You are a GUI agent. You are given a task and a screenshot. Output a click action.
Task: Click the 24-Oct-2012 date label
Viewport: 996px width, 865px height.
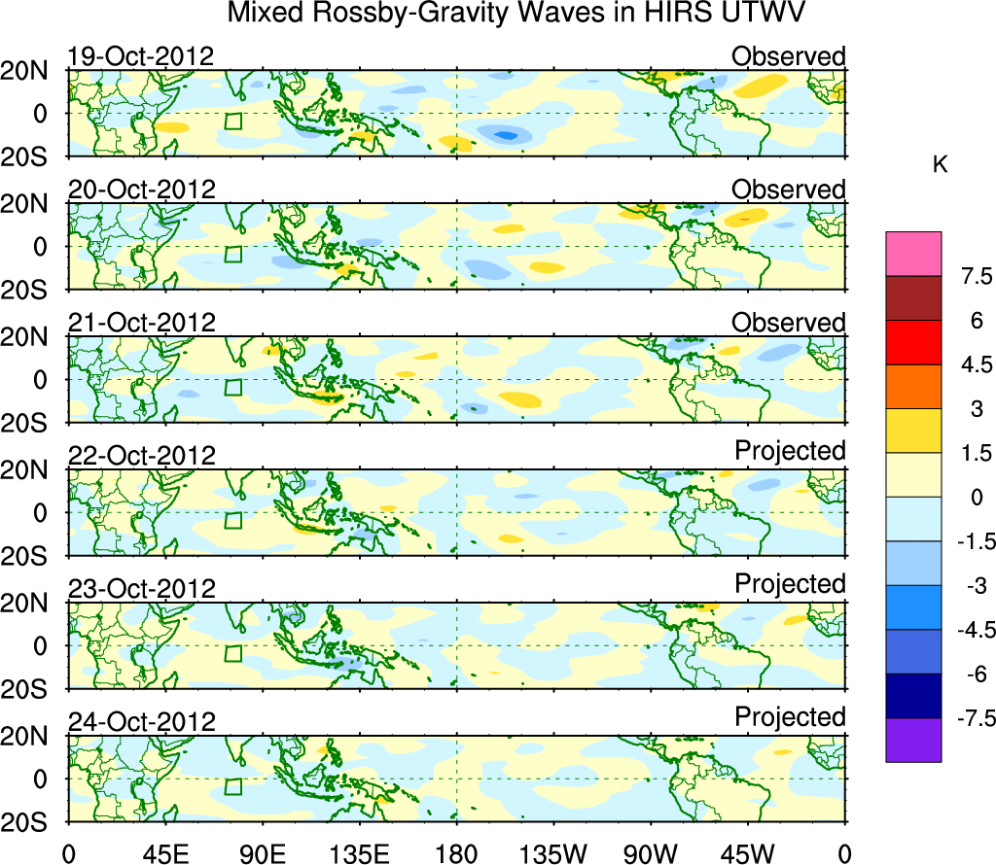[141, 722]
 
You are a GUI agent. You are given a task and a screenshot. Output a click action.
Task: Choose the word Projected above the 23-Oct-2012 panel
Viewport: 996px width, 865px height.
[790, 584]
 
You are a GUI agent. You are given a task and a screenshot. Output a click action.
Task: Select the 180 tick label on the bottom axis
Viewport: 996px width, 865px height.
[456, 853]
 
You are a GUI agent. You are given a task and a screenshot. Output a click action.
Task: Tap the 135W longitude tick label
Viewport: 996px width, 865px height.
[552, 853]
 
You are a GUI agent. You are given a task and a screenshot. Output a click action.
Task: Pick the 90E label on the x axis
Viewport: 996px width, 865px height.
[262, 853]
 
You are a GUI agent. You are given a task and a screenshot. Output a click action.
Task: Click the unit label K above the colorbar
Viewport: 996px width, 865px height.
[940, 166]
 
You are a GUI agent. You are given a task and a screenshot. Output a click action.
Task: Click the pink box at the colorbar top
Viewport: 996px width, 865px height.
[913, 254]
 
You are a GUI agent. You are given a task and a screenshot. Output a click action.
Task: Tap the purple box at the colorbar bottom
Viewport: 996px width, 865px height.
[913, 740]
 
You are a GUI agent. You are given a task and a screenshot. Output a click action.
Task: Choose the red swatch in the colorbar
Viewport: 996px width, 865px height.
[913, 342]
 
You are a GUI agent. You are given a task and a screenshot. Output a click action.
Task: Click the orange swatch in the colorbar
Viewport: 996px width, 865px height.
[913, 387]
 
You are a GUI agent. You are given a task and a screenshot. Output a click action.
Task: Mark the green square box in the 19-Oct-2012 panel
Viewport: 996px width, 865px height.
[232, 121]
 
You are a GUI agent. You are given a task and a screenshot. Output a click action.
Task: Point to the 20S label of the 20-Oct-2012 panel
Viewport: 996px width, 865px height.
[35, 291]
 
